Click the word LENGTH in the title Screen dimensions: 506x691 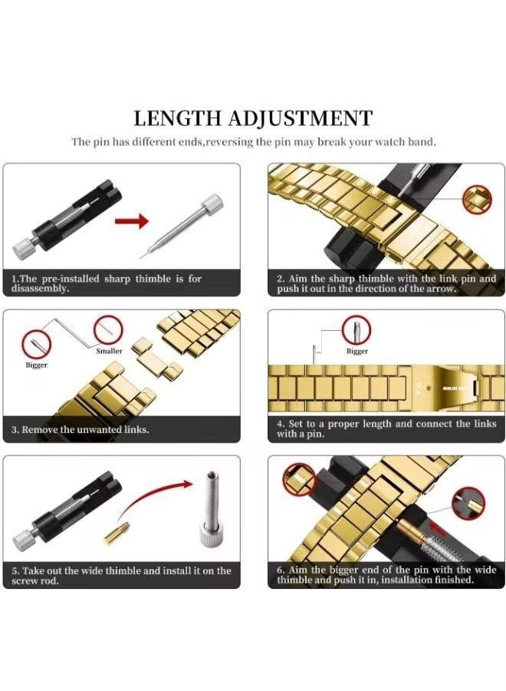click(x=177, y=118)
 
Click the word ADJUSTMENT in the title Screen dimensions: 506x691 click(x=301, y=118)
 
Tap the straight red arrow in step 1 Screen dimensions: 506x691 click(x=132, y=221)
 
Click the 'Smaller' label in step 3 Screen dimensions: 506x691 click(x=109, y=351)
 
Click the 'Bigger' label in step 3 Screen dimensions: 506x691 click(x=37, y=365)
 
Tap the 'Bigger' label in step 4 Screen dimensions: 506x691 click(x=356, y=351)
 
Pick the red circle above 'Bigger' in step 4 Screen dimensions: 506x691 click(x=356, y=330)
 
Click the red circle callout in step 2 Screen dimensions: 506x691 click(x=477, y=199)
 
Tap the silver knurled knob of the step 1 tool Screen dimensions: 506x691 click(x=21, y=249)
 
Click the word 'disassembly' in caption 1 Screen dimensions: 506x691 click(x=40, y=289)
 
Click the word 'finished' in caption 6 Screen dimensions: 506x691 click(x=454, y=580)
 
